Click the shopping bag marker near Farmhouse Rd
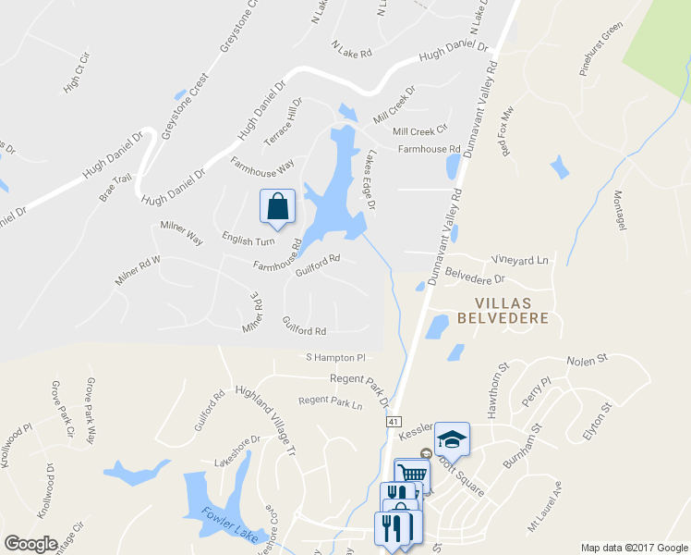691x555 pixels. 278,208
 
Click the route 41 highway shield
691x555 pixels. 394,422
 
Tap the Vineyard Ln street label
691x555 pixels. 520,261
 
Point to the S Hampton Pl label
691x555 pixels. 336,357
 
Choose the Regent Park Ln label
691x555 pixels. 331,401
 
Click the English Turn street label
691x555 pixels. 249,241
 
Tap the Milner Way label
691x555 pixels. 181,231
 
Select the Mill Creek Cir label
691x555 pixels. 419,130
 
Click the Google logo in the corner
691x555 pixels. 30,544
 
